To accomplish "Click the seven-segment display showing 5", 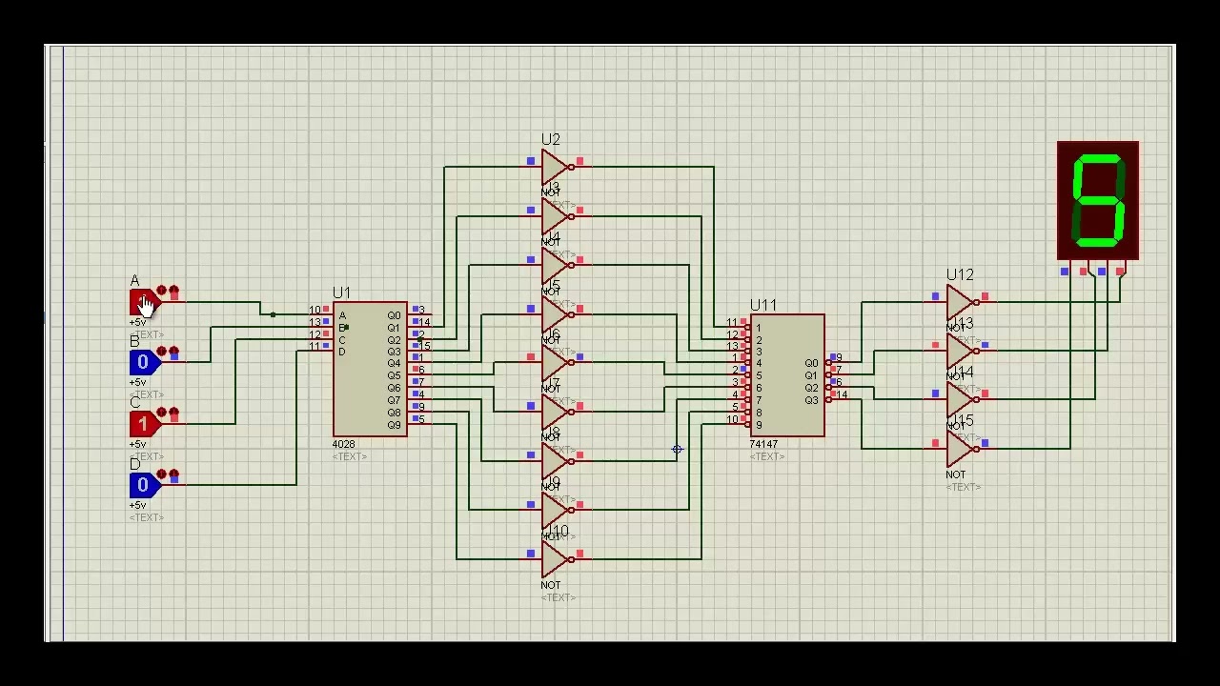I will [1098, 200].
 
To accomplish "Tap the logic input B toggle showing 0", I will [143, 362].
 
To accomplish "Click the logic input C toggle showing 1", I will [143, 423].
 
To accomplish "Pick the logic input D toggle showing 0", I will [143, 485].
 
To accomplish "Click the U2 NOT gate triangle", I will [553, 167].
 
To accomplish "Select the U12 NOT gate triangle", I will [958, 302].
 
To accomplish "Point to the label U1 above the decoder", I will [341, 293].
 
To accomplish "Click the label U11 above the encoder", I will [762, 305].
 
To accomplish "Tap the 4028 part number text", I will [343, 445].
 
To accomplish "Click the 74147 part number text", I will [763, 445].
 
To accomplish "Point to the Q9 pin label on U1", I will [394, 425].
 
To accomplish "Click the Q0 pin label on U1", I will [394, 315].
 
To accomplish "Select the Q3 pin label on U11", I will [810, 400].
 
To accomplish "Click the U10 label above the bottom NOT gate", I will [558, 531].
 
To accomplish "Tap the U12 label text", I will [960, 275].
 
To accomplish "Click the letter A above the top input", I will [134, 281].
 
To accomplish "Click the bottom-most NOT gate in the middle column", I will [553, 558].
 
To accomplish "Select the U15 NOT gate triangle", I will [958, 448].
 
